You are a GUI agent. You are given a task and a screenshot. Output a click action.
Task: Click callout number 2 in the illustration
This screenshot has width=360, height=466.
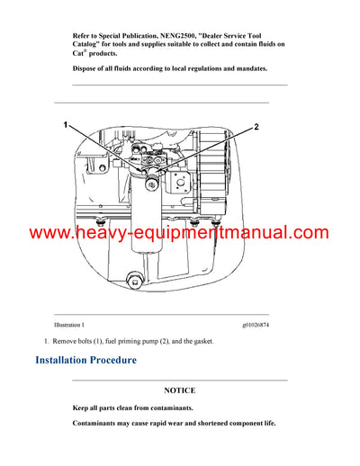click(x=256, y=127)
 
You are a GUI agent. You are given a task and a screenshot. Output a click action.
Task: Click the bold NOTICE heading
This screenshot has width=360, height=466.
click(x=179, y=391)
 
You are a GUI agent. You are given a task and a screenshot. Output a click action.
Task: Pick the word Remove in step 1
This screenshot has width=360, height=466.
click(x=67, y=342)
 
